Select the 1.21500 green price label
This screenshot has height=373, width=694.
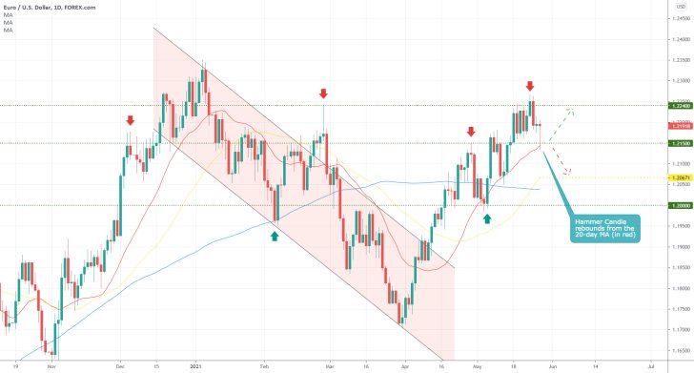pos(680,143)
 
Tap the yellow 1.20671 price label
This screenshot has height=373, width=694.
pos(680,178)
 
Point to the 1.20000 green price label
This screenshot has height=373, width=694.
pos(680,205)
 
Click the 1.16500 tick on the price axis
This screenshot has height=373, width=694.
pos(680,350)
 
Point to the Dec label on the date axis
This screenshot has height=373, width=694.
pos(121,364)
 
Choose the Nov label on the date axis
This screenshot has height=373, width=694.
pos(51,364)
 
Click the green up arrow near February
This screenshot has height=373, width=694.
pos(275,234)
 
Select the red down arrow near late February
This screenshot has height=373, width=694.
pos(324,93)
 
